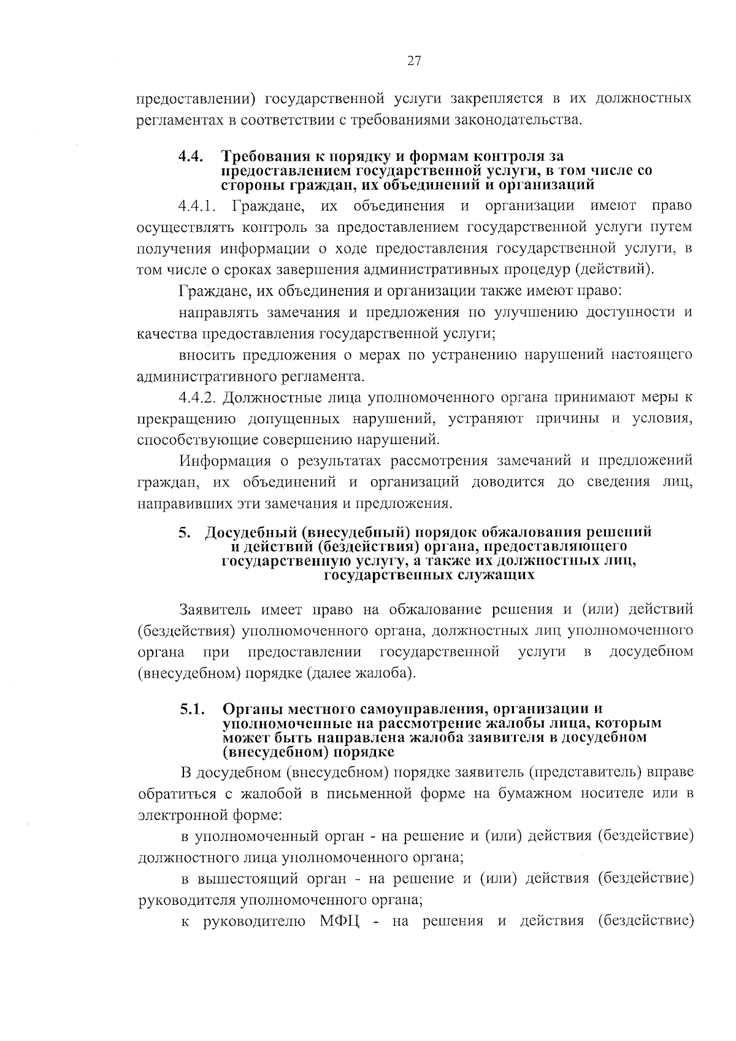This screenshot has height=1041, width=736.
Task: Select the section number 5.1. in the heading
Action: coord(191,710)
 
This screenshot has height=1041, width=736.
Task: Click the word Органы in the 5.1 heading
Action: coord(248,710)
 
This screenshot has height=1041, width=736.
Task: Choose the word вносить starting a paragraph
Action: coord(205,355)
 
